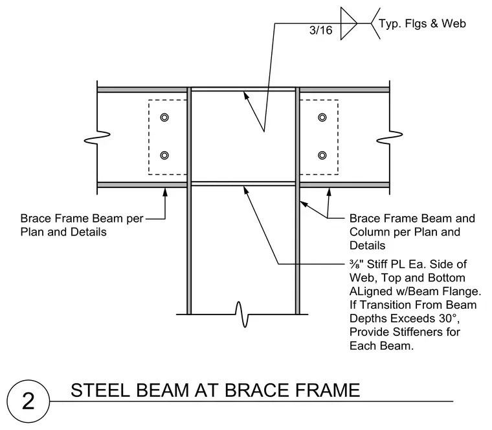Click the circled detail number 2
pyautogui.click(x=28, y=401)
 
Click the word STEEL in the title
pyautogui.click(x=100, y=390)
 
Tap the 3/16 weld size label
pyautogui.click(x=320, y=30)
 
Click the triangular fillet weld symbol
pyautogui.click(x=348, y=23)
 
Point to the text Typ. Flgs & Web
pyautogui.click(x=422, y=23)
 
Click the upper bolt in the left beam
pyautogui.click(x=164, y=117)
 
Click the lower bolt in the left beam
pyautogui.click(x=164, y=155)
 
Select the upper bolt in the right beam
pyautogui.click(x=322, y=117)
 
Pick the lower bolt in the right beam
pyautogui.click(x=322, y=155)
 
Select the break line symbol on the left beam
pyautogui.click(x=97, y=137)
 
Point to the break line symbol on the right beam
pyautogui.click(x=390, y=137)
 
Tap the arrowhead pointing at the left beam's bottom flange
pyautogui.click(x=165, y=192)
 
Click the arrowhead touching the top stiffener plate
pyautogui.click(x=246, y=95)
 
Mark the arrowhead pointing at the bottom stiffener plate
pyautogui.click(x=246, y=191)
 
